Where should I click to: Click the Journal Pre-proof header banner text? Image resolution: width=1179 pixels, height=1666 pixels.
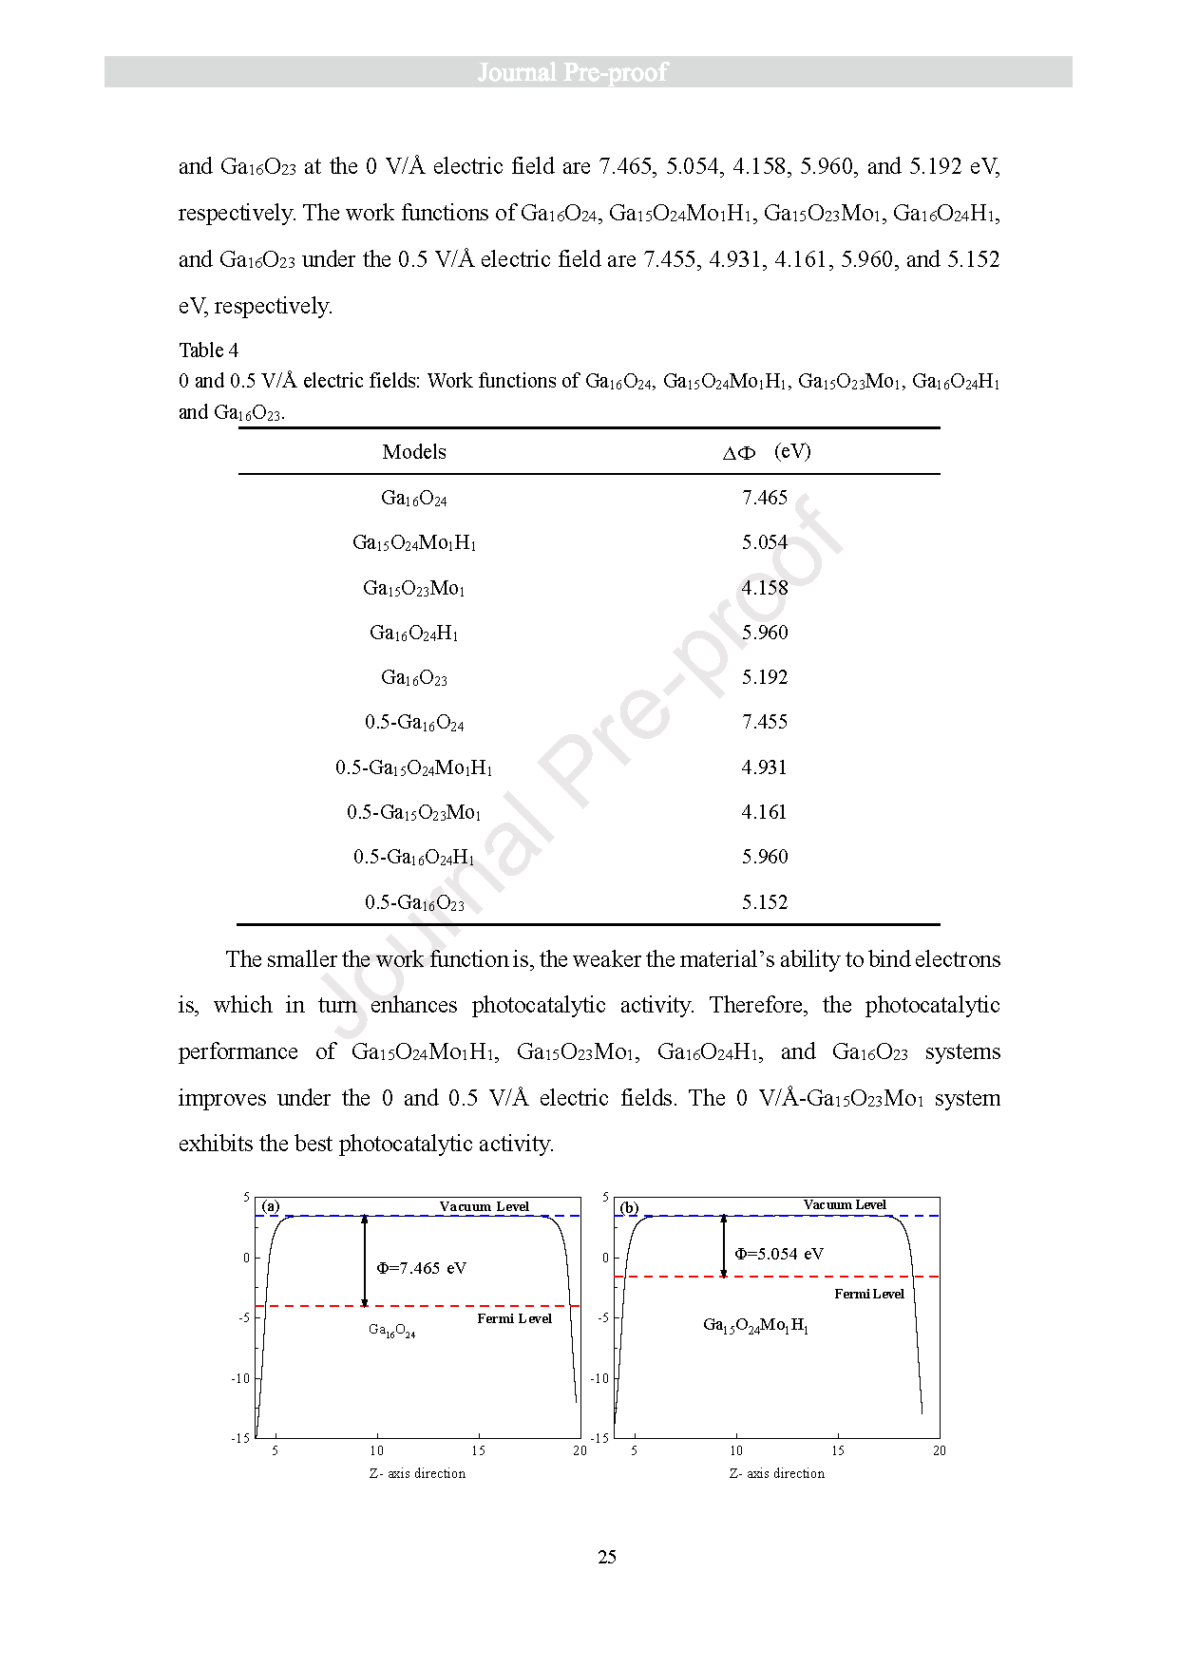pyautogui.click(x=572, y=72)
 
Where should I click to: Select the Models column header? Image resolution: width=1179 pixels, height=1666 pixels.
pyautogui.click(x=414, y=452)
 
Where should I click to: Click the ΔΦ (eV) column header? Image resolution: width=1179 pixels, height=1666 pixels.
pyautogui.click(x=766, y=452)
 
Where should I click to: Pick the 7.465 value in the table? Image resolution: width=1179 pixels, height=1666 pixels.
pyautogui.click(x=765, y=498)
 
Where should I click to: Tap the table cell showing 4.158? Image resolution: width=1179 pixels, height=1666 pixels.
pyautogui.click(x=765, y=588)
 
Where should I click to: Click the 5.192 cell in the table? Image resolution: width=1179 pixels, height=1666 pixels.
pyautogui.click(x=765, y=677)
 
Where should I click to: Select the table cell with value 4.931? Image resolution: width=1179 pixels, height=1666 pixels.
pyautogui.click(x=765, y=767)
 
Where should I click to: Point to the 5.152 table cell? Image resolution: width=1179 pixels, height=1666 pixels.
pyautogui.click(x=765, y=902)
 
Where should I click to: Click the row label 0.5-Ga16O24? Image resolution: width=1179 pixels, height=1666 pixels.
pyautogui.click(x=414, y=723)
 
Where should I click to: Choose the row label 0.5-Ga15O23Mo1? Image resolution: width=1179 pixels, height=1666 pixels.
pyautogui.click(x=414, y=813)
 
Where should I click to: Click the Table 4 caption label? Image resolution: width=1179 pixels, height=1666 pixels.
pyautogui.click(x=208, y=350)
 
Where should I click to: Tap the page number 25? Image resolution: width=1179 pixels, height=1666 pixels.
pyautogui.click(x=607, y=1557)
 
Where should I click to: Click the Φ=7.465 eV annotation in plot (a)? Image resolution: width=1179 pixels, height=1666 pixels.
pyautogui.click(x=421, y=1268)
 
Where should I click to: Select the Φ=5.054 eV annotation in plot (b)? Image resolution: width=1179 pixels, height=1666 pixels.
pyautogui.click(x=779, y=1254)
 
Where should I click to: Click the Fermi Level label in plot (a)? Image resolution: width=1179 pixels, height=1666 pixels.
pyautogui.click(x=514, y=1318)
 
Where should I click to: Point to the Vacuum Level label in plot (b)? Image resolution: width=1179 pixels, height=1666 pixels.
pyautogui.click(x=845, y=1204)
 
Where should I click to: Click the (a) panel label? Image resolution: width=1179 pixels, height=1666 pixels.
pyautogui.click(x=271, y=1206)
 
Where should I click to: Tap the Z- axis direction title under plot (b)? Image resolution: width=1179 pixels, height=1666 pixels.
pyautogui.click(x=777, y=1473)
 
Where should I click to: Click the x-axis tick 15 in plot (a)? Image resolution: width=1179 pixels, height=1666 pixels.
pyautogui.click(x=478, y=1450)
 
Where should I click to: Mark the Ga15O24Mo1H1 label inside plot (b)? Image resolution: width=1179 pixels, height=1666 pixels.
pyautogui.click(x=756, y=1325)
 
